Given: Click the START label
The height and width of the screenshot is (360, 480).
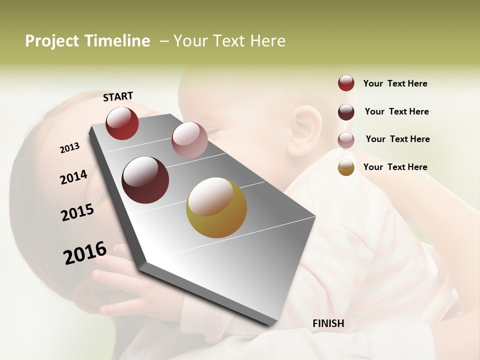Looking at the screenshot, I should [118, 96].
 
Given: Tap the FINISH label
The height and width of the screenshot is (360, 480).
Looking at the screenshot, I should [328, 323].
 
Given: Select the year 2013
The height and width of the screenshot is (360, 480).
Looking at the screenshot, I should [69, 148].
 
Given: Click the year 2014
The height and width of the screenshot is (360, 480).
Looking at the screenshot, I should [73, 177].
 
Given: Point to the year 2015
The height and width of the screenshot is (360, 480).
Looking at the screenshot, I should [77, 212].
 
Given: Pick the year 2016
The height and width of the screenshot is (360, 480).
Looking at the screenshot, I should [85, 252].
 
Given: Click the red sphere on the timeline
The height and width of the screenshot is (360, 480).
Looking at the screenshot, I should [122, 123].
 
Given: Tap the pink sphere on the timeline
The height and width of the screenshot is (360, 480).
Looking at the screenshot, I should [189, 140].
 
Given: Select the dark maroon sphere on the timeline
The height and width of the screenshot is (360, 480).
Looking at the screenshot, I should [145, 180].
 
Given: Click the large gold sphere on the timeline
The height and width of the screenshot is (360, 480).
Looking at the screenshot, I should [216, 207].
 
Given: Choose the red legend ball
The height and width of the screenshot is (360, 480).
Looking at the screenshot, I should [346, 83].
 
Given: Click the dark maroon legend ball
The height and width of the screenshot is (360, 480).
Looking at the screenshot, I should [346, 112].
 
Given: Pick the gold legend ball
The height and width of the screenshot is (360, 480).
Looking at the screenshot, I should [346, 167].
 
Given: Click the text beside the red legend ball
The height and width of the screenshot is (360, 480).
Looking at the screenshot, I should [395, 83].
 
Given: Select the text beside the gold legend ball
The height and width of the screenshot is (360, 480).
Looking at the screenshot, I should [395, 167].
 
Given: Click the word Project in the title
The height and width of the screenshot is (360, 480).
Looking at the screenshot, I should [52, 41].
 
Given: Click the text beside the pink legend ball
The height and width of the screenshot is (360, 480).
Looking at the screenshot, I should [397, 139].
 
